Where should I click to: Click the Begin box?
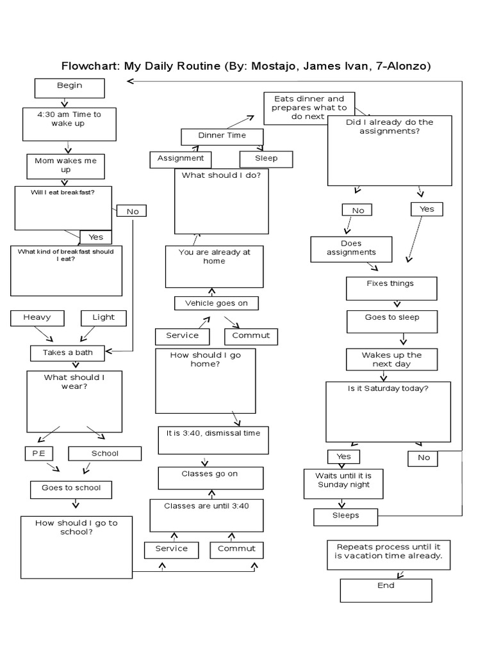[x=69, y=89]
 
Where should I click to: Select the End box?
[x=386, y=590]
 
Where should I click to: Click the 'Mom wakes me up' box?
[x=65, y=166]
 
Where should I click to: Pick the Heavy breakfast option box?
[x=37, y=318]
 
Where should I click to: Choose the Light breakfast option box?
[x=103, y=318]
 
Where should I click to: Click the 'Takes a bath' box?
[x=67, y=352]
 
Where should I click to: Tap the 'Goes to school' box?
[x=71, y=489]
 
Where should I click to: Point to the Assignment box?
[x=180, y=159]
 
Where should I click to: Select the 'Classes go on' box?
[x=211, y=477]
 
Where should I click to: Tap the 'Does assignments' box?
[x=351, y=249]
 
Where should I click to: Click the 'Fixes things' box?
[x=391, y=288]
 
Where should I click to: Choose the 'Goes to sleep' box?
[x=392, y=321]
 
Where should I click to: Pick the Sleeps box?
[x=345, y=516]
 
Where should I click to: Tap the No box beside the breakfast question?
[x=132, y=211]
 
